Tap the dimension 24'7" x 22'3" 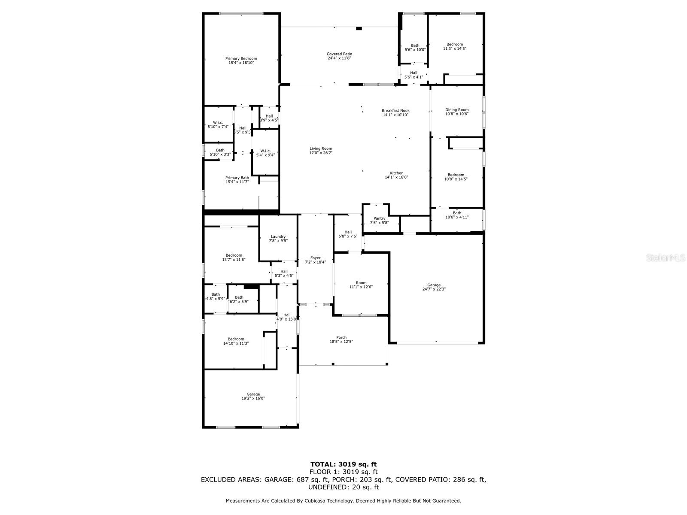[434, 289]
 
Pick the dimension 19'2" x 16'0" [253, 398]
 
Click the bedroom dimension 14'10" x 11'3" [236, 343]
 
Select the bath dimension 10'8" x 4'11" [457, 217]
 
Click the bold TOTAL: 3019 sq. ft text [343, 464]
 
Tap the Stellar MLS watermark [666, 257]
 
